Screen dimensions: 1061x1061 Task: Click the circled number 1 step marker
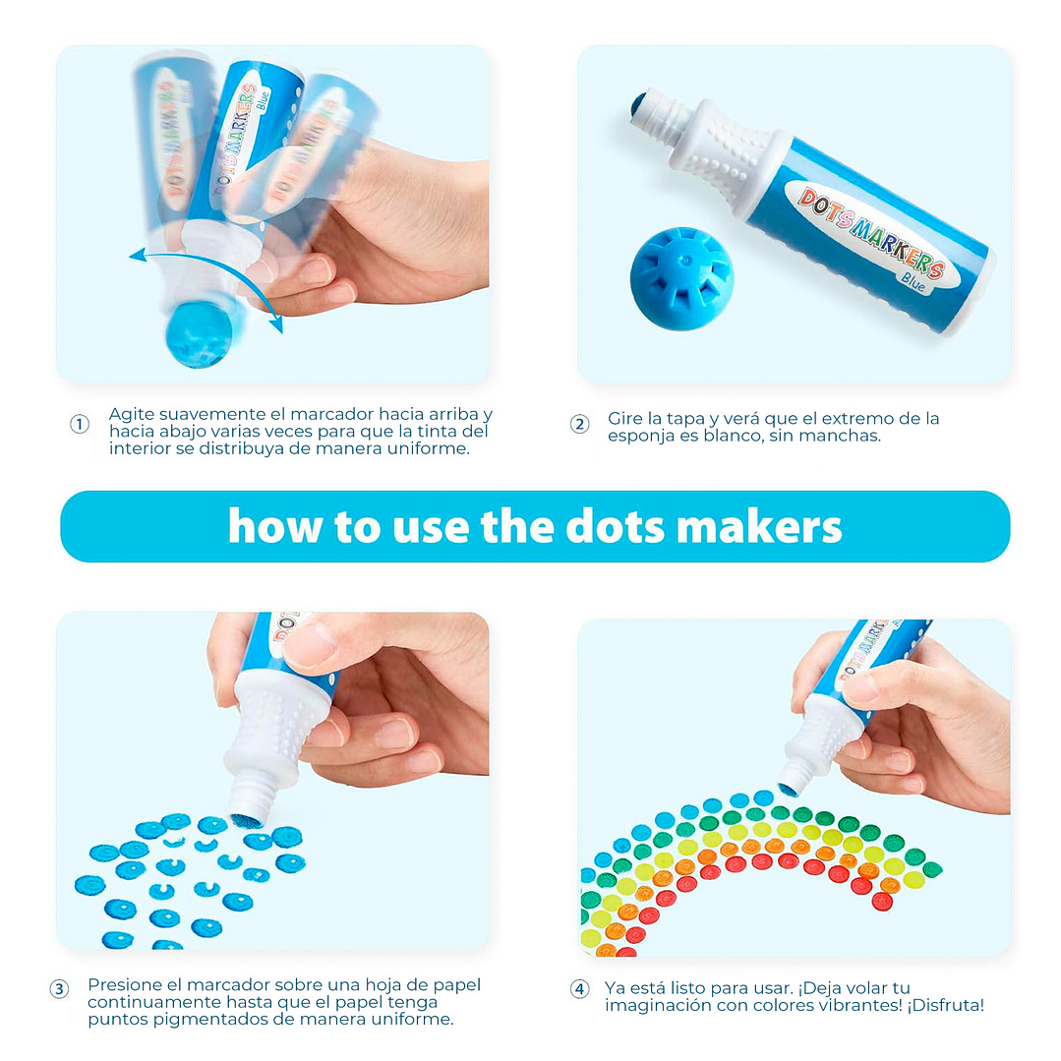pyautogui.click(x=80, y=424)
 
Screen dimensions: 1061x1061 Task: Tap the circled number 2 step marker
pyautogui.click(x=579, y=424)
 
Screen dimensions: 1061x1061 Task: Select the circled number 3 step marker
pyautogui.click(x=60, y=989)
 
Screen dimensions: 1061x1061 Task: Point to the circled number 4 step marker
pyautogui.click(x=579, y=989)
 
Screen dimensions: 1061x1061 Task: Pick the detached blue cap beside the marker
pyautogui.click(x=681, y=278)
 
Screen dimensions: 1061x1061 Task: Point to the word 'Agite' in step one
pyautogui.click(x=131, y=415)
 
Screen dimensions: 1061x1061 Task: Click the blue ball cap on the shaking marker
pyautogui.click(x=199, y=333)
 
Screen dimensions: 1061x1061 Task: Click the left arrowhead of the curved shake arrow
pyautogui.click(x=138, y=255)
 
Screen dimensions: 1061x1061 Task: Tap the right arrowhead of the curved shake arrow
pyautogui.click(x=276, y=324)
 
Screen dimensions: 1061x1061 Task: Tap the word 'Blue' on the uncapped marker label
pyautogui.click(x=913, y=281)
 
